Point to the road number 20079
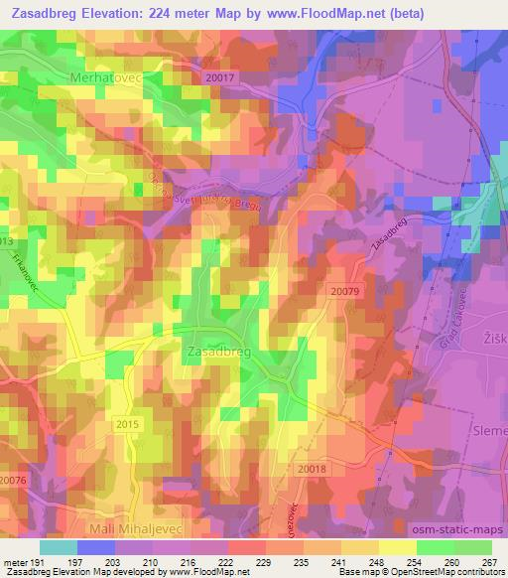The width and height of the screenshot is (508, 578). [345, 290]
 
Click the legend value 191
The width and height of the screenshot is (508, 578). [36, 561]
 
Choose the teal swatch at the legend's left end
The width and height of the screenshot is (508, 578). [58, 547]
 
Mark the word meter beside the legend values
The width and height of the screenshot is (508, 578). [15, 561]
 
